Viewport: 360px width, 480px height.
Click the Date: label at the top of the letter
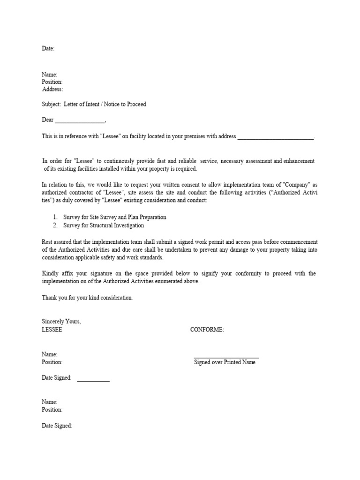tap(48, 48)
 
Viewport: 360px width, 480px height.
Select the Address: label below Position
tap(52, 89)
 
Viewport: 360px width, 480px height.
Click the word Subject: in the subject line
tap(52, 104)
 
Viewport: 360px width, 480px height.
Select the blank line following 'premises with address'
tap(276, 137)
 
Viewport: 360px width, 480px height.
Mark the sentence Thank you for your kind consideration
tap(87, 298)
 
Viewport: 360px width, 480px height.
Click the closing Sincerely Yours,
tap(61, 322)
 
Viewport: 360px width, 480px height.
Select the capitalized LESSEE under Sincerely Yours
tap(52, 330)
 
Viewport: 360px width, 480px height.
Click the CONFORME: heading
tap(207, 330)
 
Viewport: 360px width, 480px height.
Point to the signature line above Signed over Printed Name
tap(226, 358)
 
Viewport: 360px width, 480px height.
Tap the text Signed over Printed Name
tap(225, 362)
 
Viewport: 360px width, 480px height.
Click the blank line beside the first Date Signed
tap(93, 380)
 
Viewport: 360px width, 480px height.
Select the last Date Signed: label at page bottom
tap(57, 426)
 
